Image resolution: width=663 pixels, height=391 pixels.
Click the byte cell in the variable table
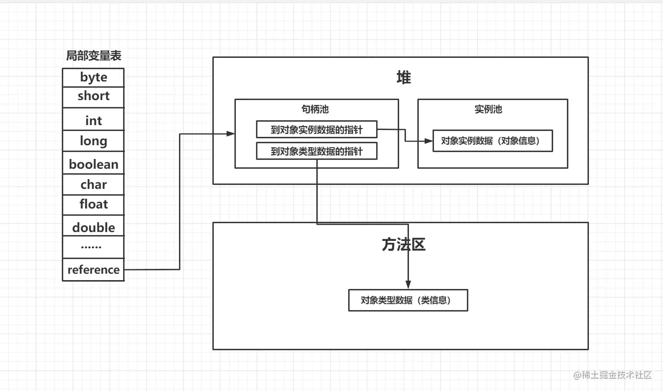[93, 78]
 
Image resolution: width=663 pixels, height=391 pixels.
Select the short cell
[93, 97]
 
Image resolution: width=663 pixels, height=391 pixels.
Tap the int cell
[93, 120]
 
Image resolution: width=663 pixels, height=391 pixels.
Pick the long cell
[93, 141]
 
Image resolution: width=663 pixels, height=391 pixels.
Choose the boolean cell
[93, 164]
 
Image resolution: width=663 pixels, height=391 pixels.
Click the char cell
[93, 184]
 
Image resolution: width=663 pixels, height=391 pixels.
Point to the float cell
[93, 204]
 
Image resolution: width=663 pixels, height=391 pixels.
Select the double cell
[93, 227]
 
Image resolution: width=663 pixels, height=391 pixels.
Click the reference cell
[93, 269]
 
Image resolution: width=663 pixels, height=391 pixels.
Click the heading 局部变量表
[93, 56]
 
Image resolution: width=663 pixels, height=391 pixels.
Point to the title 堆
[403, 78]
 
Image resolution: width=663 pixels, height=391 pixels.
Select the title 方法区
[403, 244]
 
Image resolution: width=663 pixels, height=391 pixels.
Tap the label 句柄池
[315, 109]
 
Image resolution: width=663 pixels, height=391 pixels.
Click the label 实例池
[488, 109]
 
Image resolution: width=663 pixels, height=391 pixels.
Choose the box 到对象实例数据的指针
[316, 129]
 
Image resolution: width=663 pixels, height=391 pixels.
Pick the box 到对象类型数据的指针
[316, 151]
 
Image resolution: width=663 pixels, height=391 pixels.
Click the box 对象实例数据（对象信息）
[492, 141]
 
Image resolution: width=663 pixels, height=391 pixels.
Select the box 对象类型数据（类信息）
[408, 300]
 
